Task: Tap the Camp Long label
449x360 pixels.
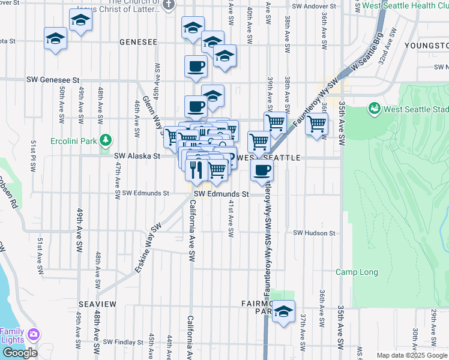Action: (357, 272)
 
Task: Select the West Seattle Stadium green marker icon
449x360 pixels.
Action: (375, 109)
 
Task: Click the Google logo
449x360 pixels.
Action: (20, 352)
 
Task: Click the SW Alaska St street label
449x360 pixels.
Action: (137, 156)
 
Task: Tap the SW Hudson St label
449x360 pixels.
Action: (314, 233)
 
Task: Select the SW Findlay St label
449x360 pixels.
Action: (123, 343)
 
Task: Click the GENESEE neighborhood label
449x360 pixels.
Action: (138, 43)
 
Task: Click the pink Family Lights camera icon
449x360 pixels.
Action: (34, 334)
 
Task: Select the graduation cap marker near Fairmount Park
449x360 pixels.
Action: (284, 311)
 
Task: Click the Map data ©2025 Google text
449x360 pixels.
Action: (412, 355)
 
